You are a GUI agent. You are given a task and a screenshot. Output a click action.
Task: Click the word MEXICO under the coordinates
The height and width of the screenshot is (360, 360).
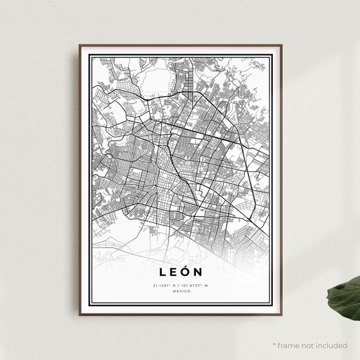click(180, 291)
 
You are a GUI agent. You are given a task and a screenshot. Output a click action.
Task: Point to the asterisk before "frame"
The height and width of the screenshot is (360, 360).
click(274, 345)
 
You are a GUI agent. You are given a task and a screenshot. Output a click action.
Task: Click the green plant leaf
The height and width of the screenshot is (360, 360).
click(345, 296)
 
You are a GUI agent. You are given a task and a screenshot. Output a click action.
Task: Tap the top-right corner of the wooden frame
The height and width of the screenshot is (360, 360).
click(281, 45)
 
